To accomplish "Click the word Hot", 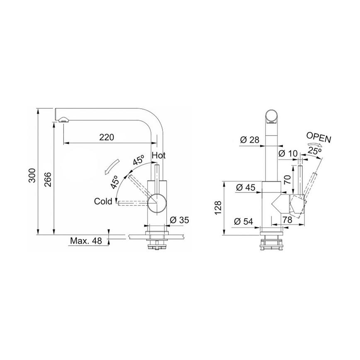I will (x=159, y=156).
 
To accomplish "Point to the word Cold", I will (x=103, y=201).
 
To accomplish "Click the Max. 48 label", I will (x=86, y=241).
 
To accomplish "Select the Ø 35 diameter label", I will (x=179, y=220).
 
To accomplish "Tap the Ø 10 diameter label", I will (x=288, y=153).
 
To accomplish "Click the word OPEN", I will (x=319, y=138).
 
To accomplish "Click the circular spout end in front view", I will (x=272, y=117).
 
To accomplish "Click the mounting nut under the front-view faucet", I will (x=272, y=244).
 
